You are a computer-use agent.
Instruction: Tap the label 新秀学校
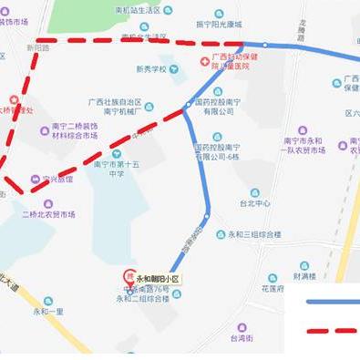pos(151,68)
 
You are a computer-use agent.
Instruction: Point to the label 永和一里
pos(48,311)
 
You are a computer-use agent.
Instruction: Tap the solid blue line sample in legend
pos(332,302)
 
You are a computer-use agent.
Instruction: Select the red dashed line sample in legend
pos(332,332)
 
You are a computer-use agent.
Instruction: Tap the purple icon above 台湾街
pos(242,326)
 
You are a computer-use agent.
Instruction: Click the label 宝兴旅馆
pos(57,179)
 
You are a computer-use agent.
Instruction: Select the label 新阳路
pos(38,47)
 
